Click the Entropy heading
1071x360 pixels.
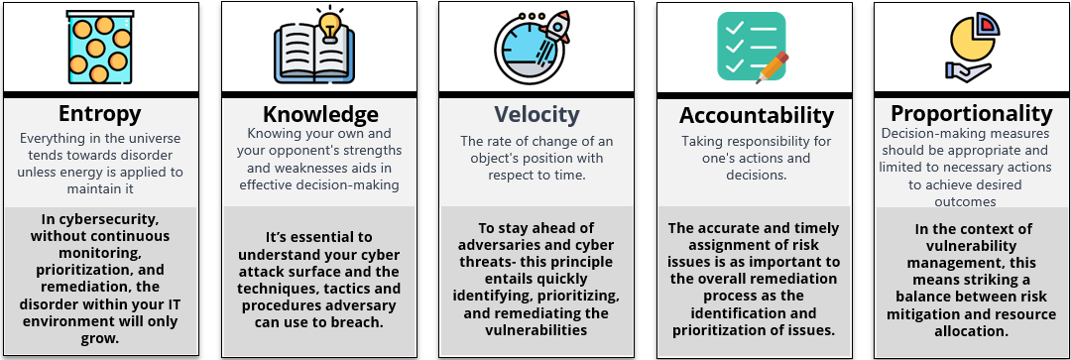pos(99,113)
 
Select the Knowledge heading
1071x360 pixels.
pos(320,114)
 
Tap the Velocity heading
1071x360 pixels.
pos(536,114)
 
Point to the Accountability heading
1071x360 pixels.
pos(756,115)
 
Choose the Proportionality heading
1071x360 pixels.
pos(971,113)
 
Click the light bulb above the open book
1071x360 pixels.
pos(330,23)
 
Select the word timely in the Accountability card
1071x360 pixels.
pos(812,227)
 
